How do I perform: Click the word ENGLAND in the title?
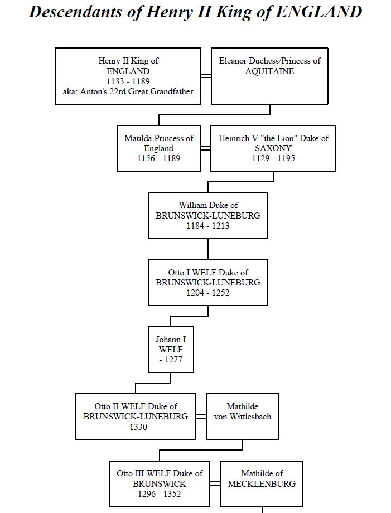tap(318, 12)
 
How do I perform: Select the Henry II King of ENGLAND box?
tap(128, 76)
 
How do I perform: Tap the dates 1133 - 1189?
tap(128, 81)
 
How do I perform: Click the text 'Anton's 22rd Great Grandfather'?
tap(137, 91)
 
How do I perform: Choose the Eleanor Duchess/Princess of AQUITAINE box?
tap(269, 76)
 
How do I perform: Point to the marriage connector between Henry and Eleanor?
tap(206, 76)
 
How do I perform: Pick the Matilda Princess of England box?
tap(159, 148)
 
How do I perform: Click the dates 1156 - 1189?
tap(159, 158)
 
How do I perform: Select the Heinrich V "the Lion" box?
tap(273, 148)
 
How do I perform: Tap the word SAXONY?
tap(273, 148)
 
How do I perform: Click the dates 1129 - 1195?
tap(273, 158)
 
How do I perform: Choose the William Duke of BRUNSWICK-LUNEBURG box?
tap(208, 215)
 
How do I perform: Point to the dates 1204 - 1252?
tap(208, 293)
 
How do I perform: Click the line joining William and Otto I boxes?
tap(208, 249)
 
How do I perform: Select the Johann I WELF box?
tap(171, 350)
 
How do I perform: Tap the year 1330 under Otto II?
tap(138, 427)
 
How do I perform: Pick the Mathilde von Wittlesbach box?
tap(243, 417)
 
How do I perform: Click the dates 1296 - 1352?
tap(160, 493)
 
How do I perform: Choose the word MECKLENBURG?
tap(262, 483)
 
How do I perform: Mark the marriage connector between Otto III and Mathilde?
tap(215, 483)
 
